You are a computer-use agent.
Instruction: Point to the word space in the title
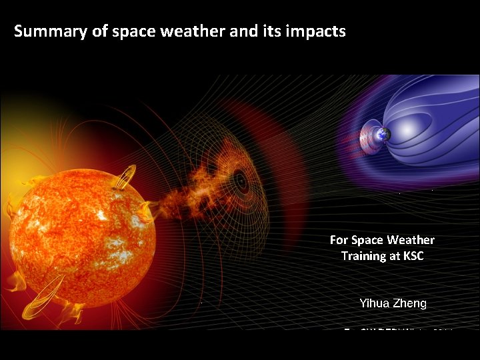pyautogui.click(x=133, y=31)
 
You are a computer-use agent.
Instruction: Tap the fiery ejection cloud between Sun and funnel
pyautogui.click(x=190, y=190)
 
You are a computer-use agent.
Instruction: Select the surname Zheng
pyautogui.click(x=411, y=303)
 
